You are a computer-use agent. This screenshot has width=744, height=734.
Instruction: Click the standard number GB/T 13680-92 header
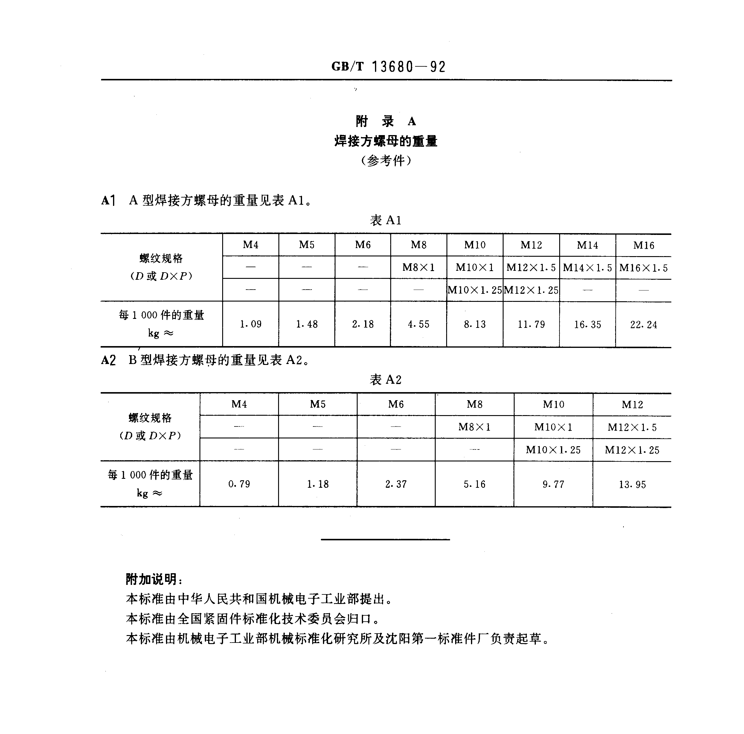[388, 67]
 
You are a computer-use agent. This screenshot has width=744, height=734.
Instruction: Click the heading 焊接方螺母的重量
[386, 141]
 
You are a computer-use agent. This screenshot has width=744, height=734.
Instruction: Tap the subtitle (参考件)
[386, 160]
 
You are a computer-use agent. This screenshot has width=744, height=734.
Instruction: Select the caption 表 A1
[385, 220]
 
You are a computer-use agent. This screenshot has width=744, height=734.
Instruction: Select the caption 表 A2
[385, 380]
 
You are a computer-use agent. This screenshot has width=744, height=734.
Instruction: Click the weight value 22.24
[644, 325]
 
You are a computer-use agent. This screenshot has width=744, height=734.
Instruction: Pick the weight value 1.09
[251, 324]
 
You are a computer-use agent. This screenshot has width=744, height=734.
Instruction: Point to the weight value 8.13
[475, 325]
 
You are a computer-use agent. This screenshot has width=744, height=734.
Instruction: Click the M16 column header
[644, 245]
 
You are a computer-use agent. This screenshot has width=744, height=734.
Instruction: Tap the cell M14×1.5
[587, 268]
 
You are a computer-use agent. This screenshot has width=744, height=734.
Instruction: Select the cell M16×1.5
[644, 268]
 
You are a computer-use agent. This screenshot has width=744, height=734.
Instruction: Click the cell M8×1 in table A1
[419, 267]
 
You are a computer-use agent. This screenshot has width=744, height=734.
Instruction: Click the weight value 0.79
[239, 484]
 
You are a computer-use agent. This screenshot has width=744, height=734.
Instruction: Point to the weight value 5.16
[475, 484]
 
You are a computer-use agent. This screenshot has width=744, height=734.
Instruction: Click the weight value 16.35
[587, 325]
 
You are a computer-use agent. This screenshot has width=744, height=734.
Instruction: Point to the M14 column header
[587, 245]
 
